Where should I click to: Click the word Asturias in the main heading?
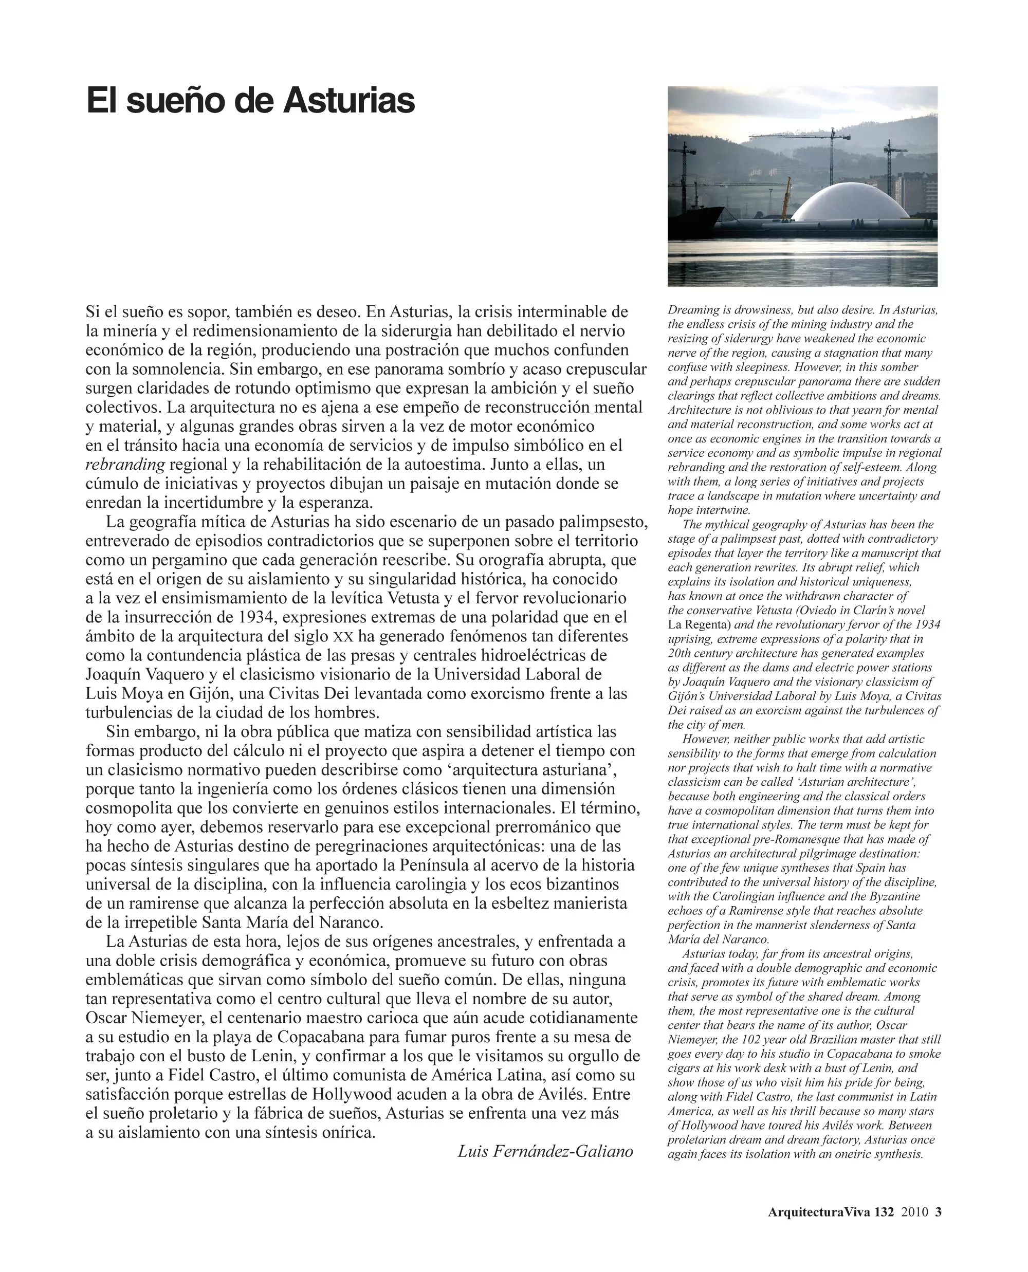click(349, 101)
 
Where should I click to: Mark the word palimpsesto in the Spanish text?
click(602, 522)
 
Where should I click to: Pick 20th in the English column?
click(681, 653)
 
